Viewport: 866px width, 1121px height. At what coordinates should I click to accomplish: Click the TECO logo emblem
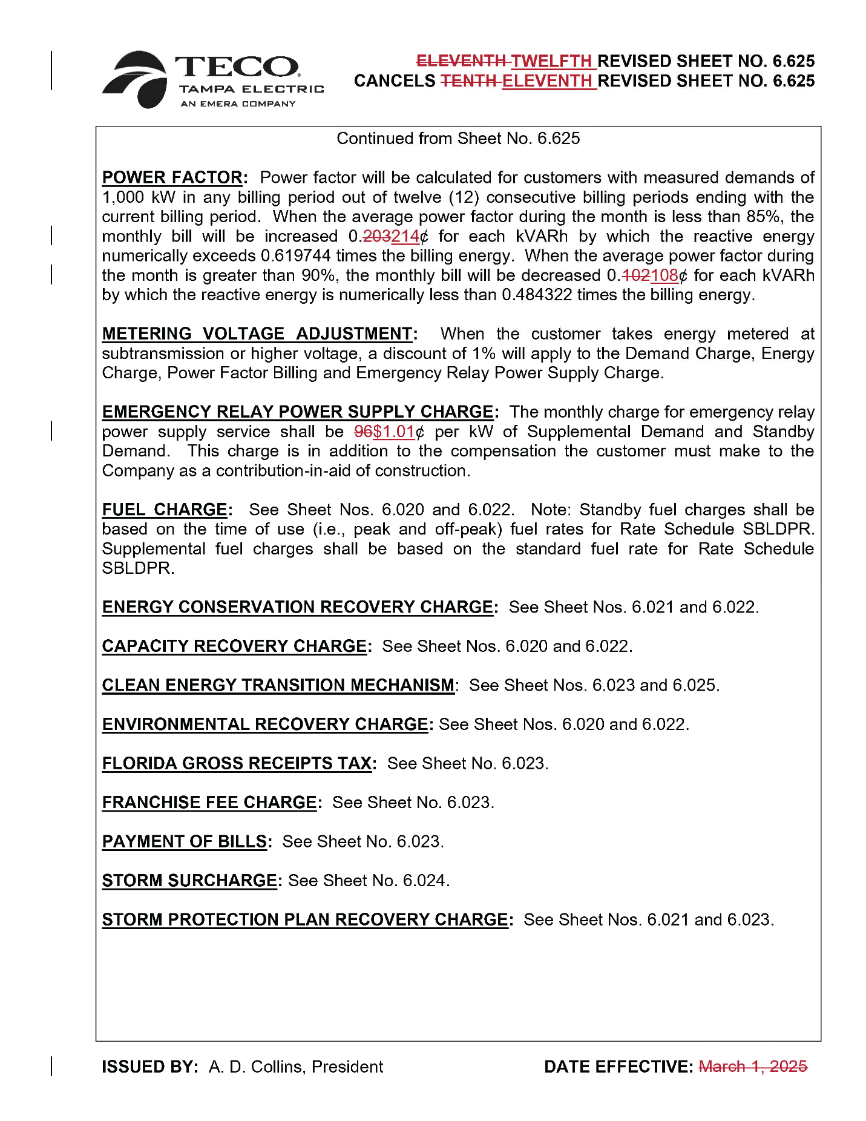(x=136, y=79)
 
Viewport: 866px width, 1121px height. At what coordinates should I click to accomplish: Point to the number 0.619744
(x=296, y=256)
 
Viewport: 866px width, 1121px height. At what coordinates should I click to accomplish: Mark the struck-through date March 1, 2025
(x=753, y=1067)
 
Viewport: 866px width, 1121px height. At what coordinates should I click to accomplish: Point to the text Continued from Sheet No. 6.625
(x=458, y=139)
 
